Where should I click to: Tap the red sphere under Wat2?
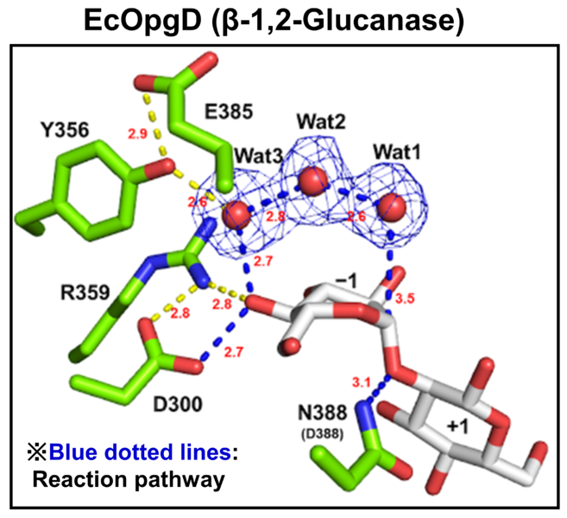(312, 182)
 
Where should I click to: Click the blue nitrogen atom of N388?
(364, 420)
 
